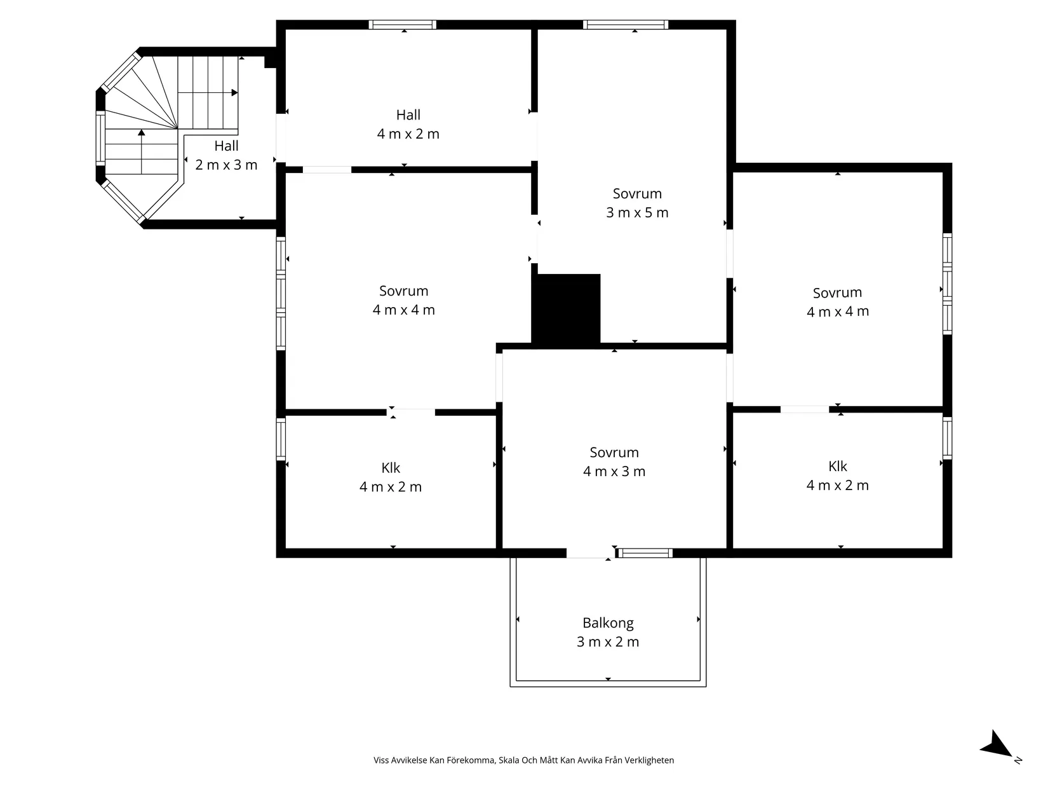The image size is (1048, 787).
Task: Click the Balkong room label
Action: (608, 632)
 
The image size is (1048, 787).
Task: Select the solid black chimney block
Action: (567, 309)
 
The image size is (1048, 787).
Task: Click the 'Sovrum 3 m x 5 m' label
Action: (637, 203)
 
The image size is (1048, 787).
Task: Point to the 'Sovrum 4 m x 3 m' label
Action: (614, 462)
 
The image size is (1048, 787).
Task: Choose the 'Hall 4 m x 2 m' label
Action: (408, 124)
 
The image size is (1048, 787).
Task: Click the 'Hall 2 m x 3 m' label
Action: (226, 155)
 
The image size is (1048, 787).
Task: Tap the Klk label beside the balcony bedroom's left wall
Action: (391, 477)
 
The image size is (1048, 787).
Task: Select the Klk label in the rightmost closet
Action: (837, 476)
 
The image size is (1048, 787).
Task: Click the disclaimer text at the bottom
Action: (524, 760)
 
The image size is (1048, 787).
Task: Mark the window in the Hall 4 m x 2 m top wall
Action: (403, 25)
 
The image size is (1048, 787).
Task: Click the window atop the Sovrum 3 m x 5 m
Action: (626, 25)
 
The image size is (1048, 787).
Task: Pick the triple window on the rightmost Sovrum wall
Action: (947, 284)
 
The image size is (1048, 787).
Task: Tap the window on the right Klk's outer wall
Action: (947, 438)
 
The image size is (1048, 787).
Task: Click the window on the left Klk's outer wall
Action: (281, 439)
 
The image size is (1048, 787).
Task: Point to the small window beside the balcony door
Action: (645, 553)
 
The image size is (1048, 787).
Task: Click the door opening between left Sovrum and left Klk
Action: (411, 413)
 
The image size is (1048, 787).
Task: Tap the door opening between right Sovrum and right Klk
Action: (805, 409)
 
